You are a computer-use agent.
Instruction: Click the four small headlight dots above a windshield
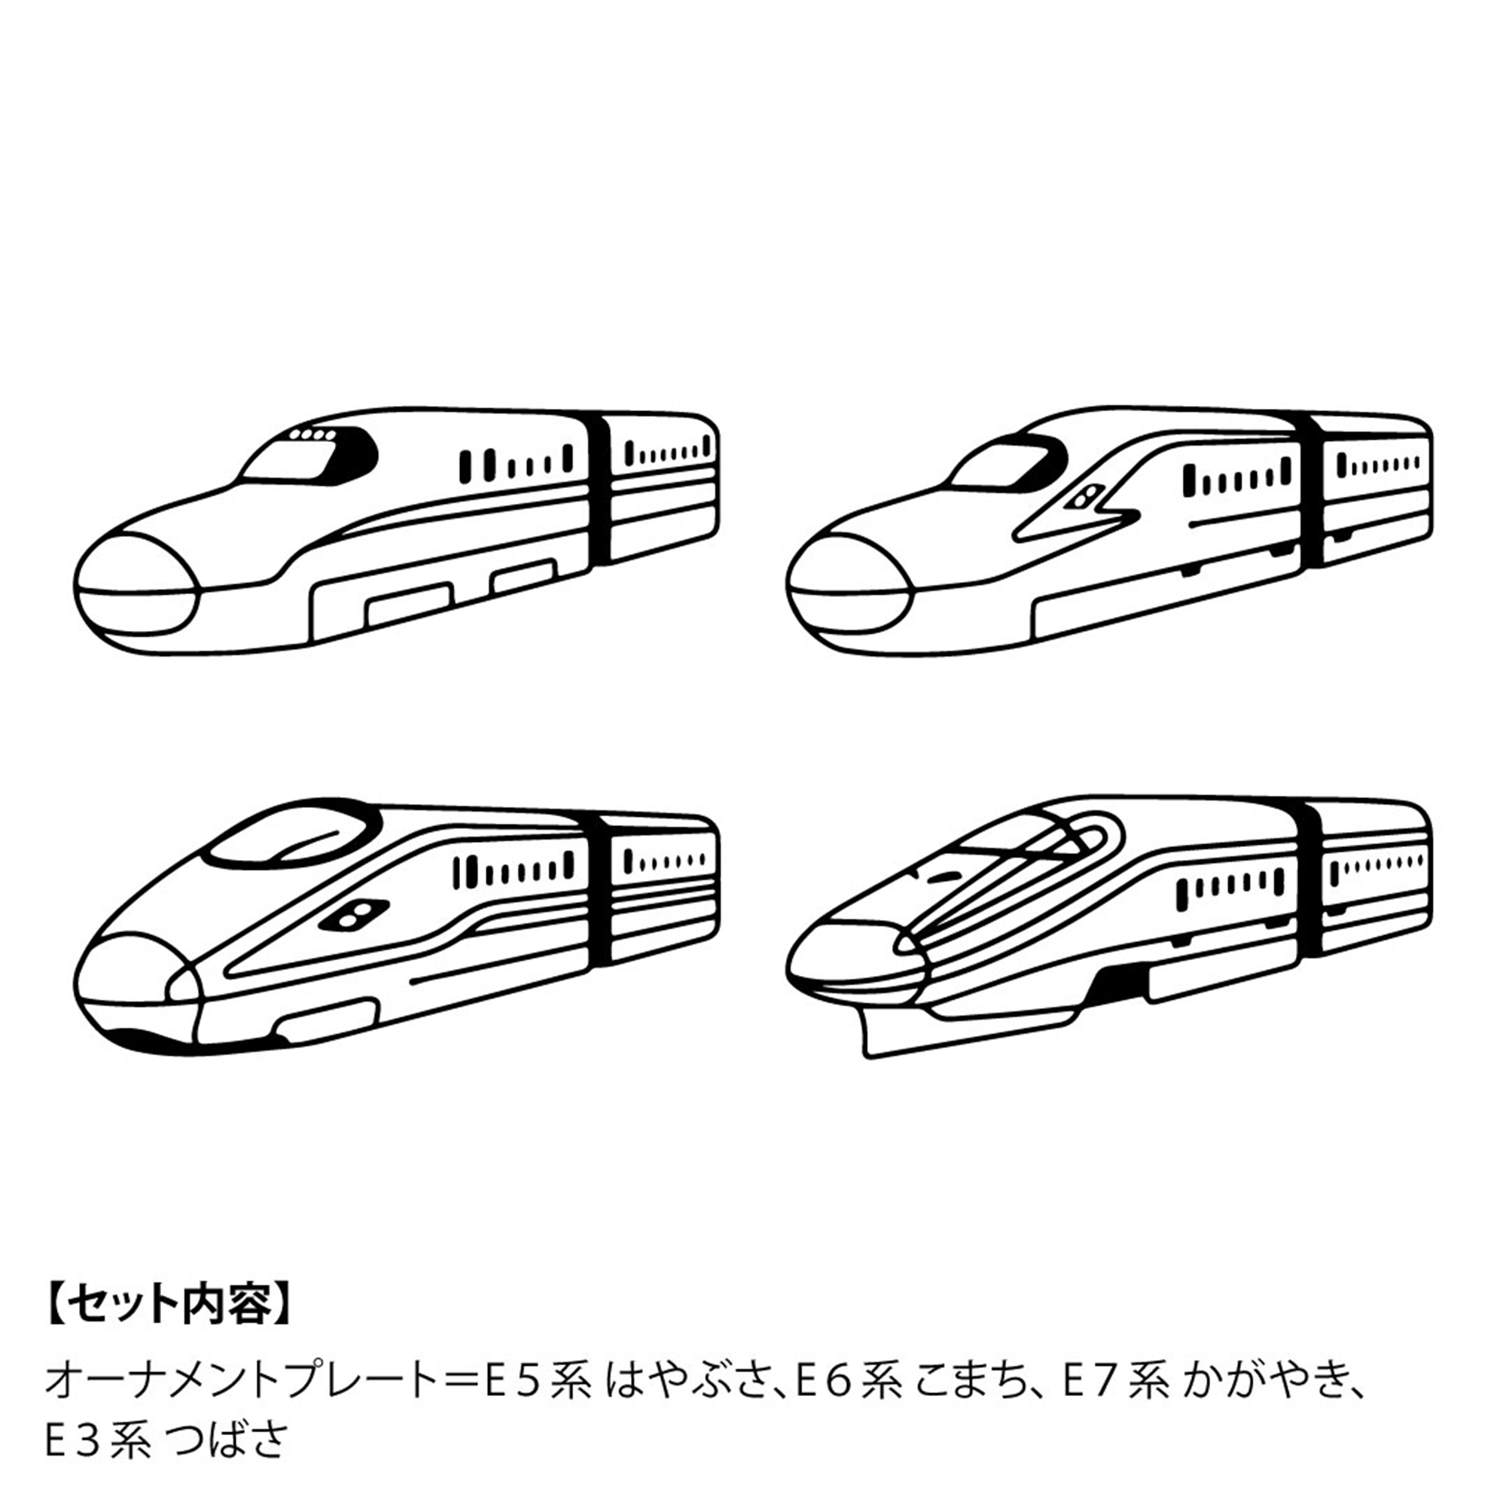click(x=312, y=435)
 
